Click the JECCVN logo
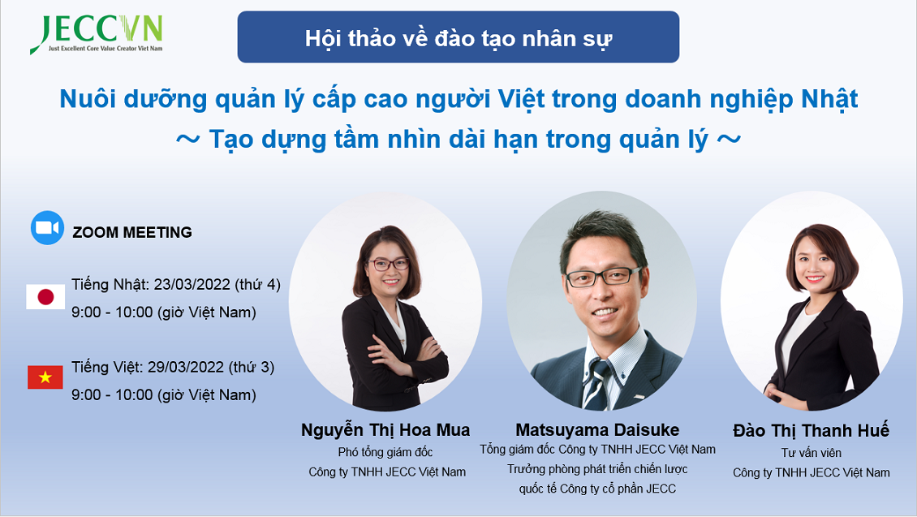coord(97,35)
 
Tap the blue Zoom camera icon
coord(47,227)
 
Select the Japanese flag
coord(45,297)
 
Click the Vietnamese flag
coord(45,378)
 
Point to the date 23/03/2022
coord(192,285)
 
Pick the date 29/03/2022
coord(185,368)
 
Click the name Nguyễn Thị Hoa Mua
coord(385,430)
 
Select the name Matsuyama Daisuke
coord(597,430)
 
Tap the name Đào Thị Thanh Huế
coord(812,430)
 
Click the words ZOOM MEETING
coord(132,232)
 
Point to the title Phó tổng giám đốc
coord(385,452)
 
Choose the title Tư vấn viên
coord(812,453)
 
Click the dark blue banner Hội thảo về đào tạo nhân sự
coord(458,37)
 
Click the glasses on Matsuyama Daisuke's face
coord(604,276)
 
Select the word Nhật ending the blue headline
coord(829,99)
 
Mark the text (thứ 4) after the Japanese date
coord(257,285)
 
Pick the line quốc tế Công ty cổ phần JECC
coord(597,489)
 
